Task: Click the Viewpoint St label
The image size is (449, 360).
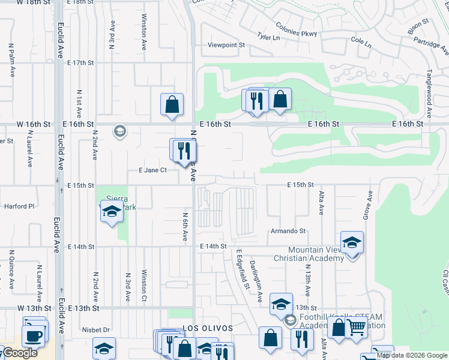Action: coord(226,45)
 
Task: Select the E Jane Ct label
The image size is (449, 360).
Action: coord(152,170)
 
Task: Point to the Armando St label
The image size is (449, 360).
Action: coord(288,231)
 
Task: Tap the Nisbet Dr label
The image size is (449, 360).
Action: coord(97,329)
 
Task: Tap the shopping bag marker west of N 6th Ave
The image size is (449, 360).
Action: coord(172,104)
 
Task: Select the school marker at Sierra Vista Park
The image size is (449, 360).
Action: coord(111,212)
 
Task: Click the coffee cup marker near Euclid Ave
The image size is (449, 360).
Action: coord(35,335)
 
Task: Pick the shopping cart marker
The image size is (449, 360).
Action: coord(357,328)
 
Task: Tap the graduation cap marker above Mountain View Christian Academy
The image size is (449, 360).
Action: coord(352,242)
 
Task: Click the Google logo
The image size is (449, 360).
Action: coord(20,353)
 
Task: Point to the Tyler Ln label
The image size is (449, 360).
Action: coord(268,37)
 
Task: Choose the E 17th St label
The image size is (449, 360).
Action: coord(81,62)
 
